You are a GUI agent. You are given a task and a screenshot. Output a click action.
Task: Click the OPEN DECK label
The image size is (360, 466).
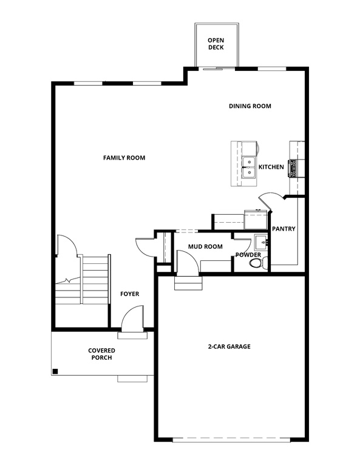[216, 42]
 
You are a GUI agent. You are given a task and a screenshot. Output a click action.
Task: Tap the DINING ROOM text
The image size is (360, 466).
[250, 106]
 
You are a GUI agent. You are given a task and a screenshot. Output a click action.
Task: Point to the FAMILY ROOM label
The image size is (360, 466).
[124, 158]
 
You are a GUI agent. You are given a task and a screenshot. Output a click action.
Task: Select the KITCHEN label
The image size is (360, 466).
[271, 167]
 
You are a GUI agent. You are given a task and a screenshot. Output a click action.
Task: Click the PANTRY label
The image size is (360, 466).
[284, 229]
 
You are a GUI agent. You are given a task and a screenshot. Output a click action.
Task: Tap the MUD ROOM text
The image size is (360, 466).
[205, 246]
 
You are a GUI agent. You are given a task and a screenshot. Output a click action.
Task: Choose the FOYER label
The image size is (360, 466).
[129, 294]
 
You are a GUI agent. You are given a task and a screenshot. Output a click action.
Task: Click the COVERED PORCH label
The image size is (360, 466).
[101, 354]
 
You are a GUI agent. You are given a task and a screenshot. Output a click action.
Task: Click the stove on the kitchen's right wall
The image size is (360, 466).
[293, 167]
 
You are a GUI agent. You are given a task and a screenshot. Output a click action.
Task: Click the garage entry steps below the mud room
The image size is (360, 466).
[187, 283]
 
